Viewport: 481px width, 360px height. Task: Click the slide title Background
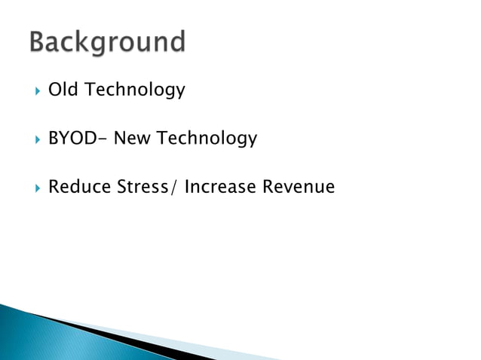(x=107, y=42)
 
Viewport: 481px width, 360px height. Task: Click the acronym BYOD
(x=70, y=139)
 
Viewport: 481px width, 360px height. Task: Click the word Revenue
(x=298, y=187)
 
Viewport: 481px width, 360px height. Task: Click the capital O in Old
(x=54, y=90)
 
